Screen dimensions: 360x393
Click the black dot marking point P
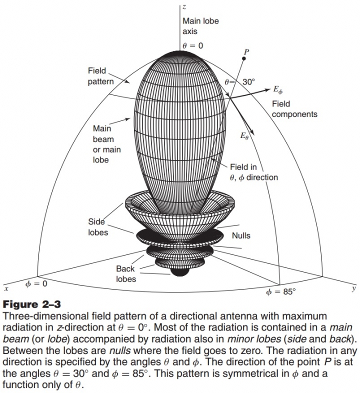243,58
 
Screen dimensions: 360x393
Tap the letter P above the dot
246,52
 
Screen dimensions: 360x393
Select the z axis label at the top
184,7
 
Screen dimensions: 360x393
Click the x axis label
6,288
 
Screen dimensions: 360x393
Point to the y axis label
353,288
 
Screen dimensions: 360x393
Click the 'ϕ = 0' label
36,283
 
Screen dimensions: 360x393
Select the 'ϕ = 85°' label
281,291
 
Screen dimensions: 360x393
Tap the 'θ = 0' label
193,45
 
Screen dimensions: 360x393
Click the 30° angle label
248,81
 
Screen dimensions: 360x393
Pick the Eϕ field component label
278,89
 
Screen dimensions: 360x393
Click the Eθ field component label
244,136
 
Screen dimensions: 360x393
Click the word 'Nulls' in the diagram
241,235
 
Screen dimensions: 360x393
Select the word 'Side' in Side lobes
96,222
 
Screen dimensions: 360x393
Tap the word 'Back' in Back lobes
125,268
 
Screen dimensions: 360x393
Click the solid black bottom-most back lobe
179,271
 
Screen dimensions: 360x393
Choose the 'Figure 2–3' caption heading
32,304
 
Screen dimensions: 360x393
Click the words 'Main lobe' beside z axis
200,21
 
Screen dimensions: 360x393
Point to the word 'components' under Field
294,114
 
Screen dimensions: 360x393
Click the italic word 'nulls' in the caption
120,350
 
